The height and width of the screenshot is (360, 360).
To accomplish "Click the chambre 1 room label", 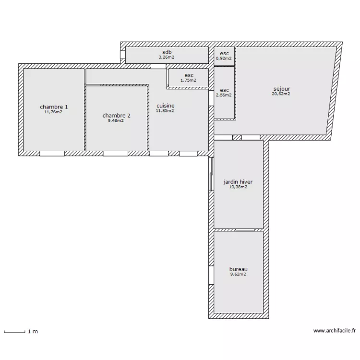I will click(54, 107).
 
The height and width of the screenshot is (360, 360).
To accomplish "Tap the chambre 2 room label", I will click(116, 115).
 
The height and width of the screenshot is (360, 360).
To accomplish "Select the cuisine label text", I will click(165, 106).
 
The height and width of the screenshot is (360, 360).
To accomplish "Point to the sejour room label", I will click(281, 89).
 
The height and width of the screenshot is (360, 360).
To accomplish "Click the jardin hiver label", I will click(238, 182).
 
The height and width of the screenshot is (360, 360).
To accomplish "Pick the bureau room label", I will click(238, 269).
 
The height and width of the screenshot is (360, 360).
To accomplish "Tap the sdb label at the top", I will click(167, 52).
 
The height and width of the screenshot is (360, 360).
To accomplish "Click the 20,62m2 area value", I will click(281, 94).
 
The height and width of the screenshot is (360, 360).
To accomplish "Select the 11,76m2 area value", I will click(54, 112).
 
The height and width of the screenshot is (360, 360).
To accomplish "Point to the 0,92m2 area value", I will click(224, 59).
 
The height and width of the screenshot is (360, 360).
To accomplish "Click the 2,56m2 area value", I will click(224, 95).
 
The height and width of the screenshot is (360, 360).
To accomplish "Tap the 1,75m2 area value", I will click(188, 80).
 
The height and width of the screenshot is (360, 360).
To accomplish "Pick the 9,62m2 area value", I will click(238, 275).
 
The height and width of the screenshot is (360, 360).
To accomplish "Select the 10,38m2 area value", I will click(238, 187).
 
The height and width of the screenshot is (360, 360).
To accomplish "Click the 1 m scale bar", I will click(14, 331).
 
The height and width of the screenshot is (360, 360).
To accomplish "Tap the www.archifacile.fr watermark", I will click(334, 331).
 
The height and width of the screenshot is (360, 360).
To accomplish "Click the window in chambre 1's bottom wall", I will click(52, 154).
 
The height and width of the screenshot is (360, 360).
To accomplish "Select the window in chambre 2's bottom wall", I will click(115, 154).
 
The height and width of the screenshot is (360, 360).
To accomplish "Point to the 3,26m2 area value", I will click(167, 57).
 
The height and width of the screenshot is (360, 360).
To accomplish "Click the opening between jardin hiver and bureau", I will click(245, 230).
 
